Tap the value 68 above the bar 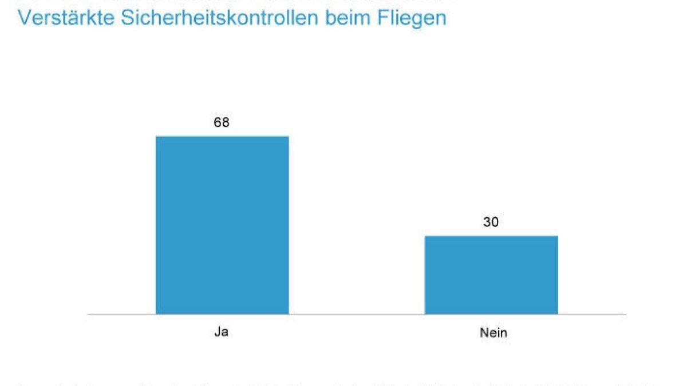tap(222, 122)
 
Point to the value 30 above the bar tap(491, 222)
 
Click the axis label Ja tap(222, 332)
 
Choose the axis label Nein tap(493, 332)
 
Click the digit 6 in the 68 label tap(218, 122)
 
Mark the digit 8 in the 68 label tap(226, 122)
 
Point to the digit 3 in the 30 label tap(487, 222)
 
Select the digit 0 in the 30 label tap(495, 222)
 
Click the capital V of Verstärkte tap(25, 18)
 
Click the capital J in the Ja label tap(218, 332)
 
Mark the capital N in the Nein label tap(484, 332)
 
